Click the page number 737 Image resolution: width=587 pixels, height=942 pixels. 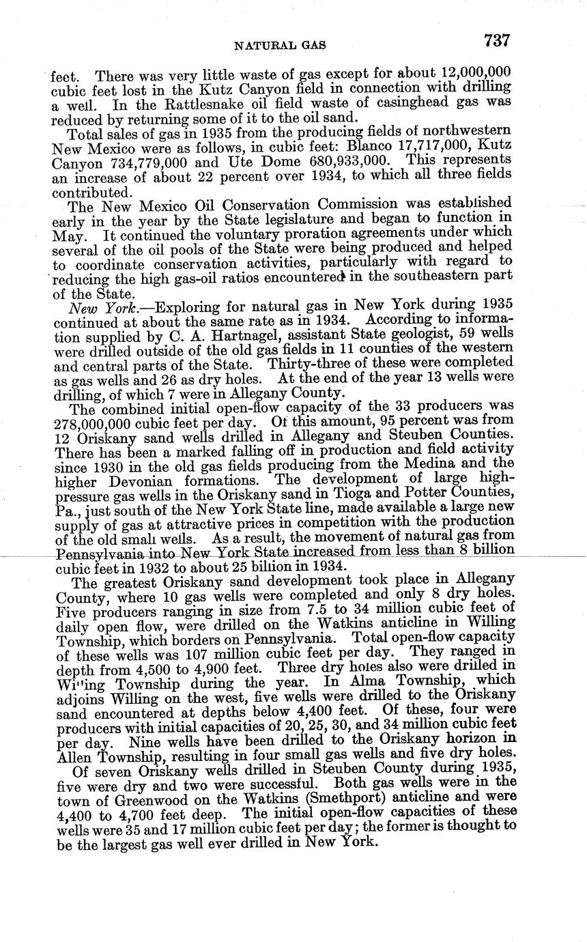(497, 41)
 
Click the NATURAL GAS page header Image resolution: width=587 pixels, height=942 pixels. (280, 46)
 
